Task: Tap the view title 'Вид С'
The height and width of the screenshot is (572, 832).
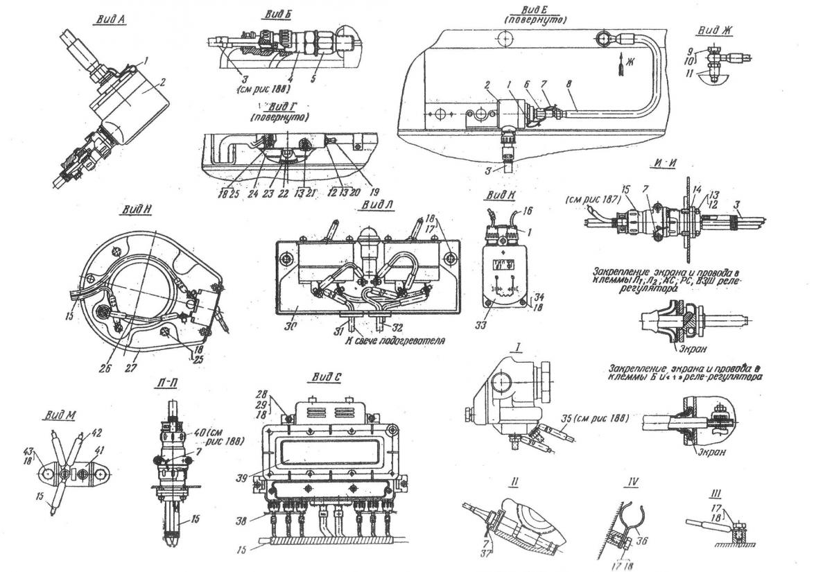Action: point(328,377)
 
